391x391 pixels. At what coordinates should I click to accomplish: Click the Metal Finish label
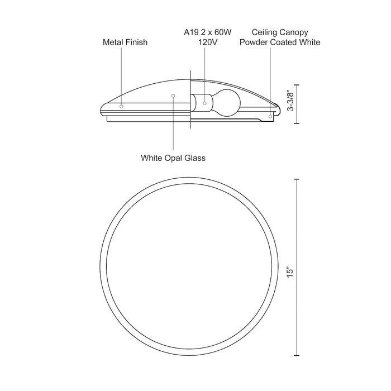(125, 42)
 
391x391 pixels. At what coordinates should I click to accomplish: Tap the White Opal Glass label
(173, 158)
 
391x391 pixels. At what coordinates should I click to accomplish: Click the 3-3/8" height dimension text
(290, 101)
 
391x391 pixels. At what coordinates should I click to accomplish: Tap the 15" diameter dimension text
(289, 273)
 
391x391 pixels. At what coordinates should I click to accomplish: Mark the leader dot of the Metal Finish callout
(122, 104)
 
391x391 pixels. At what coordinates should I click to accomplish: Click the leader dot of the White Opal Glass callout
(173, 96)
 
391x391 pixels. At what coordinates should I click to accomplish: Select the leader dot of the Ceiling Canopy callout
(270, 117)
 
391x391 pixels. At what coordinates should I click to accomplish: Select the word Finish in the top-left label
(137, 42)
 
